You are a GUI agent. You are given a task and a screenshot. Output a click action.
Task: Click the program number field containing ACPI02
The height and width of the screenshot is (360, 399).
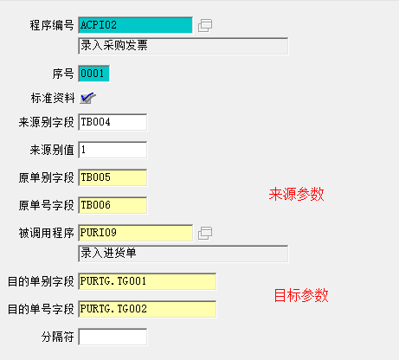(x=135, y=25)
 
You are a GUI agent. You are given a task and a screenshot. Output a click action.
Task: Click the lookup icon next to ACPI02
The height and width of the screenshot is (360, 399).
(x=205, y=25)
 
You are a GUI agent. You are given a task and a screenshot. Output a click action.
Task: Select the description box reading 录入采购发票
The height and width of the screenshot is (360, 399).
(x=183, y=46)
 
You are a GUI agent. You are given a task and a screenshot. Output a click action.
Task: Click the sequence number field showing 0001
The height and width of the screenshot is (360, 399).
(x=93, y=74)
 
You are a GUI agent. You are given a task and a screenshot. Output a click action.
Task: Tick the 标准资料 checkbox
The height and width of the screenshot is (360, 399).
(x=87, y=98)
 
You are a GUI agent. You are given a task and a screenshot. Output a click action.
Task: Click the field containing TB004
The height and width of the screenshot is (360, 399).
(x=113, y=122)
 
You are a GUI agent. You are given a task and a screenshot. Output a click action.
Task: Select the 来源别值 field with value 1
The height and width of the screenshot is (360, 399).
(x=113, y=150)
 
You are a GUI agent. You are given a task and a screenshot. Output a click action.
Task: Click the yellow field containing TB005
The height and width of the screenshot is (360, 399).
(x=113, y=177)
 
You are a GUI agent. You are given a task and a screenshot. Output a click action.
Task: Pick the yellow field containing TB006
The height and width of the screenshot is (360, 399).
(x=113, y=205)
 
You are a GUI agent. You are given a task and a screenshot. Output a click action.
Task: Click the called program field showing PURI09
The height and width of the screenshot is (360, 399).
(x=135, y=233)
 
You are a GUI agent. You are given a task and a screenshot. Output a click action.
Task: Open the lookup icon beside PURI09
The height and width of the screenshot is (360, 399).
(x=205, y=233)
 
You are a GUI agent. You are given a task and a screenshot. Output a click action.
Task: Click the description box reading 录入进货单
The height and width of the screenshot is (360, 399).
(x=183, y=254)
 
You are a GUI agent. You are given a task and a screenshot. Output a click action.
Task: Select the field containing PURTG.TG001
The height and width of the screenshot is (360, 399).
(x=147, y=281)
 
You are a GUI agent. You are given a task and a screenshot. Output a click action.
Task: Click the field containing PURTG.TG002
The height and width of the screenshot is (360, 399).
(x=147, y=309)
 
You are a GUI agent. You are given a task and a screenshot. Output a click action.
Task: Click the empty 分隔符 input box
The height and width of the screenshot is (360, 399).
(x=113, y=337)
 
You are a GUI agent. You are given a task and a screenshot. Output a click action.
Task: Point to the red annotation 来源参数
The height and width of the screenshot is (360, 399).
(x=297, y=194)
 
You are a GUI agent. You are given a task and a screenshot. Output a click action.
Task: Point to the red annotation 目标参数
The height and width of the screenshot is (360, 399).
(x=301, y=295)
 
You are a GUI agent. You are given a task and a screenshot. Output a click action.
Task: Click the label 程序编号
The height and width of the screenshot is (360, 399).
(x=52, y=25)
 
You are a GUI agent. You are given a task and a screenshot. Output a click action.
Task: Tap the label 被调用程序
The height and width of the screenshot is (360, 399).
(x=47, y=233)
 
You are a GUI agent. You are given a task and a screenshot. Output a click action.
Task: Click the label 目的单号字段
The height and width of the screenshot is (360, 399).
(x=41, y=309)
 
